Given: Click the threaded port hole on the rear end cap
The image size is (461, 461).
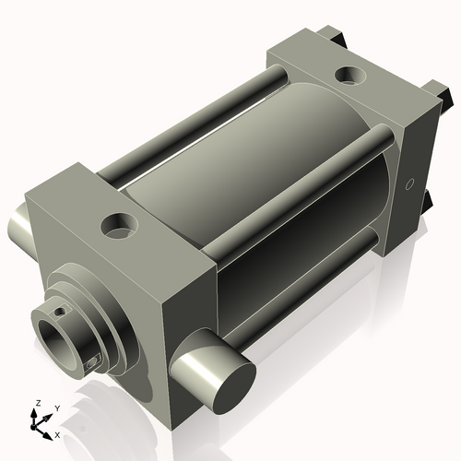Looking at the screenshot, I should point(350,73).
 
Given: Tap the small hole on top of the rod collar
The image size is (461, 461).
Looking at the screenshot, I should point(61,312).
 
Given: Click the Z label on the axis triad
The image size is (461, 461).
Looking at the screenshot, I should point(37,403).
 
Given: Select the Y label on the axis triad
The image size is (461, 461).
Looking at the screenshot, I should point(56,407).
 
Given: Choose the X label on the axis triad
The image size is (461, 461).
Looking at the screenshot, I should point(57,433).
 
